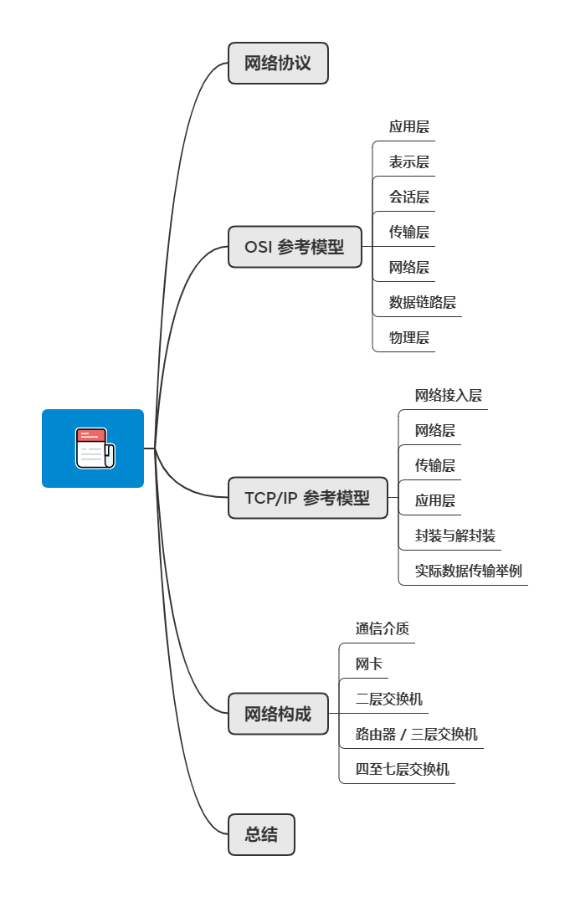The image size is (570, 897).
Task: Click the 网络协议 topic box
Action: (278, 64)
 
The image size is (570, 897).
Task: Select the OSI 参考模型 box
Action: (295, 247)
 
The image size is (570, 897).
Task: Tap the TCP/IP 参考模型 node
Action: (307, 498)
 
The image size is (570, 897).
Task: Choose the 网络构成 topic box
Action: (278, 714)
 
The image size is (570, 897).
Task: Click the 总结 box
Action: (261, 834)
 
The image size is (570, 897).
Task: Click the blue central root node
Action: (93, 448)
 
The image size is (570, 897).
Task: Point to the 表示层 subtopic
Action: (409, 162)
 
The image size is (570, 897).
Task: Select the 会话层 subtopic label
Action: (409, 197)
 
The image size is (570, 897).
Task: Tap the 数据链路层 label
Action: (423, 302)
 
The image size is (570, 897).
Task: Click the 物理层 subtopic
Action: (409, 338)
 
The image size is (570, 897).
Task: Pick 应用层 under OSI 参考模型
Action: (409, 127)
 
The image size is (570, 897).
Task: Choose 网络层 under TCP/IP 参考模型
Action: (435, 431)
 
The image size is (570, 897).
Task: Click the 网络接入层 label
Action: (449, 396)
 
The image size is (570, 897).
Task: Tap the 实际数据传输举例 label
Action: (469, 572)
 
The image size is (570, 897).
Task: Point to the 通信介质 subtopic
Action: (383, 628)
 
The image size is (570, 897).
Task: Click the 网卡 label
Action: (369, 664)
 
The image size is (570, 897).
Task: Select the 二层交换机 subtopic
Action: (389, 700)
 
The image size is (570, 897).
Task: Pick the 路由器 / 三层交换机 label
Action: (417, 735)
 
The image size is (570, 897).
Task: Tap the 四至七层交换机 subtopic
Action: (403, 769)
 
